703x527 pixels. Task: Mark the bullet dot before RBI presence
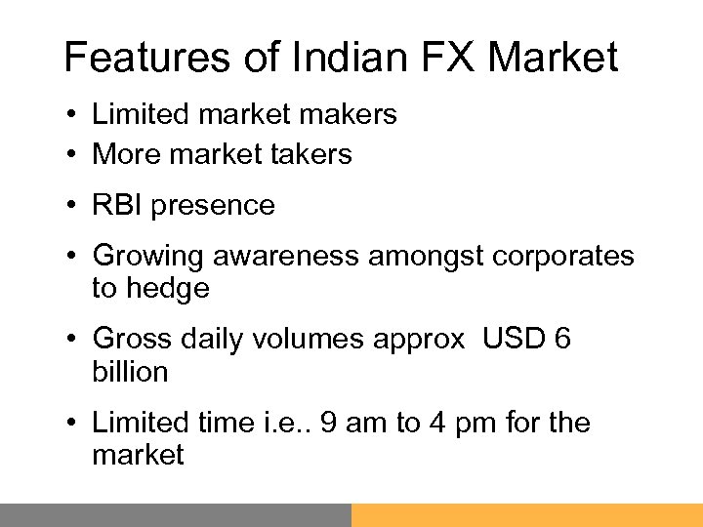[x=73, y=206]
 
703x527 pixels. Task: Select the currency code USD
[x=506, y=340]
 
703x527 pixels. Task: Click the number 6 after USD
[x=561, y=340]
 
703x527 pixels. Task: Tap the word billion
[x=130, y=372]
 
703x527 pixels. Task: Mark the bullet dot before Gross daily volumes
[x=73, y=340]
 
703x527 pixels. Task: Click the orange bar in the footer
[x=527, y=514]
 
